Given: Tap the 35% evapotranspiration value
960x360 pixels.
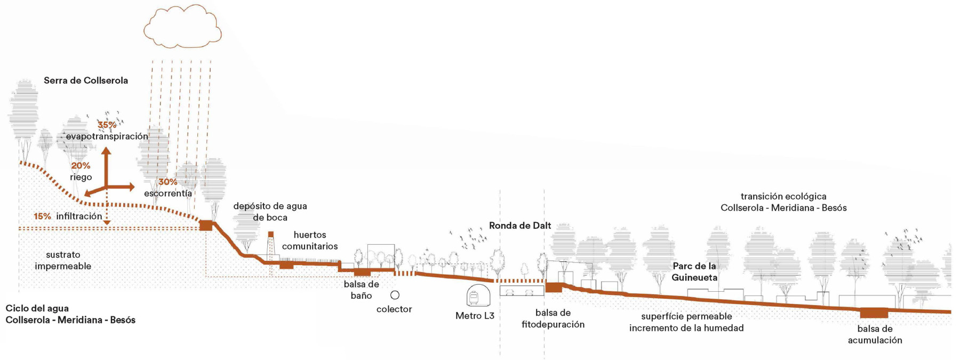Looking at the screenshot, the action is point(107,125).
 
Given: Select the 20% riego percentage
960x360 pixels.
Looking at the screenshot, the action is point(81,166).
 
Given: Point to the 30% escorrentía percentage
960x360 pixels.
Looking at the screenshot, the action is point(167,182).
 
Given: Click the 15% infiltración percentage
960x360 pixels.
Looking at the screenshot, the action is point(43,216).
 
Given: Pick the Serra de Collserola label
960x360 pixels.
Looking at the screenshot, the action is point(86,81).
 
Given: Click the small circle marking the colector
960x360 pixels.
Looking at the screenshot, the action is point(395,295).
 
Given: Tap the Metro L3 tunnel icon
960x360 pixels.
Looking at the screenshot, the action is point(478,295).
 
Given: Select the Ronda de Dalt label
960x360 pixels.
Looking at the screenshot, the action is point(520,226).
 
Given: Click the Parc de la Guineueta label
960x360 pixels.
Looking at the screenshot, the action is point(694,271).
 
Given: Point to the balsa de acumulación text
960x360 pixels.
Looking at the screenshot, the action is point(875,334).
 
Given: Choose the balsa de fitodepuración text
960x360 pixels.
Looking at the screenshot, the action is point(553,318).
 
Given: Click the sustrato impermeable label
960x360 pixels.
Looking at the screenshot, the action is point(63,260).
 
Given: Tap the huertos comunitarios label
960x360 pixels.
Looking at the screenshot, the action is point(310,241).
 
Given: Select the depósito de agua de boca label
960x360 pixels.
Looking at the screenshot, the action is point(270,212).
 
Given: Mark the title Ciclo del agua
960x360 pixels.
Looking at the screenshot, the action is point(37,308).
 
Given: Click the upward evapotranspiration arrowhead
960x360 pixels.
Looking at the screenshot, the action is point(107,151).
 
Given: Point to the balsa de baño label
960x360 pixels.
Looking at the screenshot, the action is point(362,290).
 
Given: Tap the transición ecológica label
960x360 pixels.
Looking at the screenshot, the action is point(783,196).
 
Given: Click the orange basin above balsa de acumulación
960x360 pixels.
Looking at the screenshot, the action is point(874,313).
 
